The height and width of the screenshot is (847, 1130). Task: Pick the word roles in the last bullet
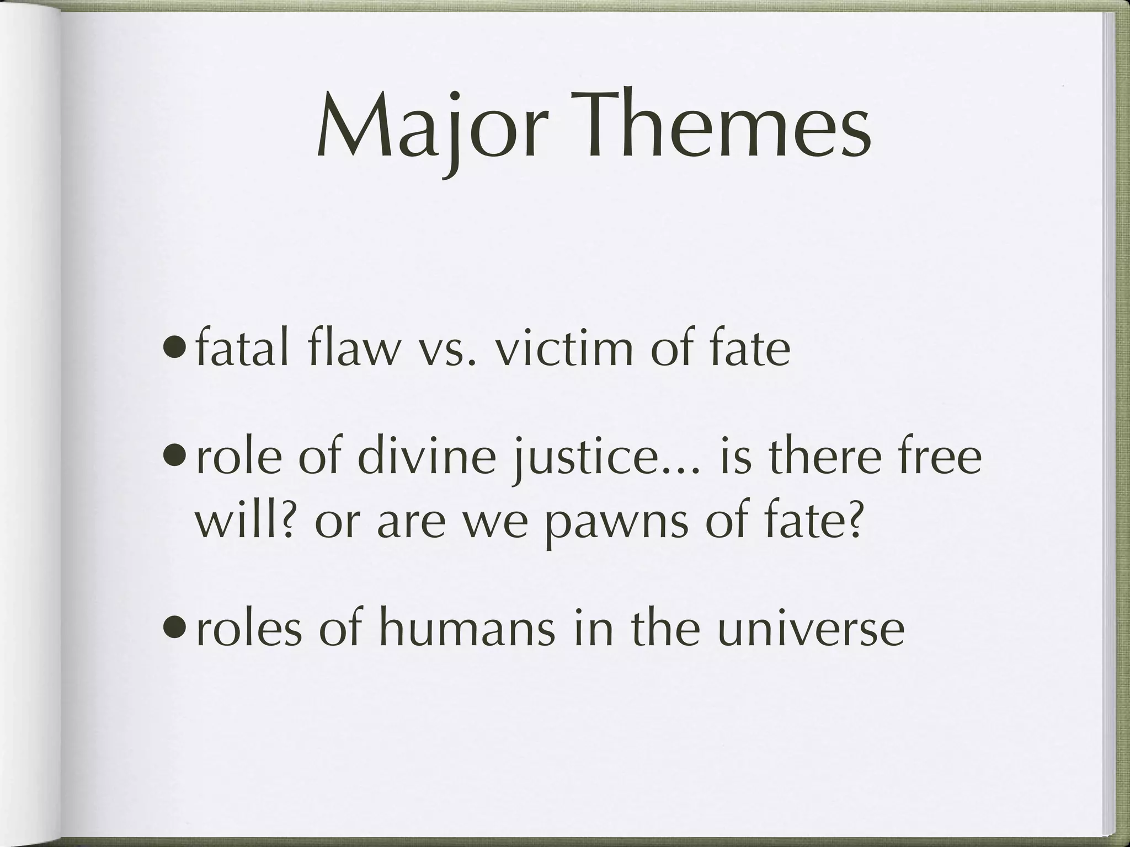[248, 629]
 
